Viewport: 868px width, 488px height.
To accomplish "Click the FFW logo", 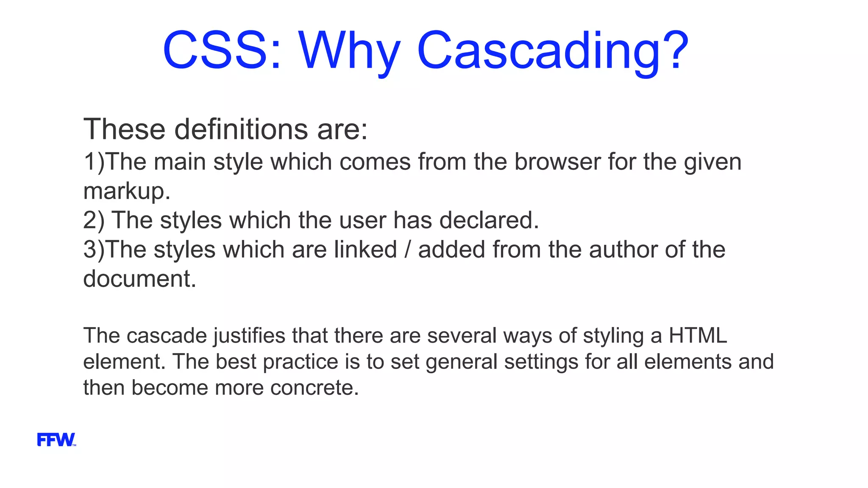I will [x=56, y=440].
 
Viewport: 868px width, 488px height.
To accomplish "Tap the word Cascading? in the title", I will [x=553, y=51].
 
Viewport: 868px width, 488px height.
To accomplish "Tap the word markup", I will [x=126, y=191].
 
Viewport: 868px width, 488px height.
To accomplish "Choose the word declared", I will [x=489, y=220].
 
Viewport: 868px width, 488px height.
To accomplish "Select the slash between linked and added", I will [x=407, y=250].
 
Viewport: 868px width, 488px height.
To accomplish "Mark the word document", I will [x=139, y=279].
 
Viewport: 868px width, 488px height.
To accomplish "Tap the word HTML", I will [x=698, y=335].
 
